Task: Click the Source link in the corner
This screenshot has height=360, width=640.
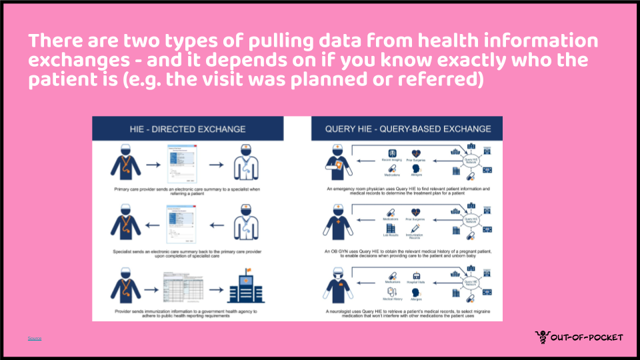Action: coord(35,339)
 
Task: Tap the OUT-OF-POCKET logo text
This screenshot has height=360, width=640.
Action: coord(587,338)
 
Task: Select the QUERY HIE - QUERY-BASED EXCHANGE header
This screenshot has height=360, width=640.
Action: coord(407,129)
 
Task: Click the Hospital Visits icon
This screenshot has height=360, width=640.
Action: coord(417,276)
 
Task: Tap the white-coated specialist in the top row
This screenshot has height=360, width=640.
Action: coord(243,163)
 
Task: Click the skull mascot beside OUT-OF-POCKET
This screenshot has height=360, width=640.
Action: coord(542,338)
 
